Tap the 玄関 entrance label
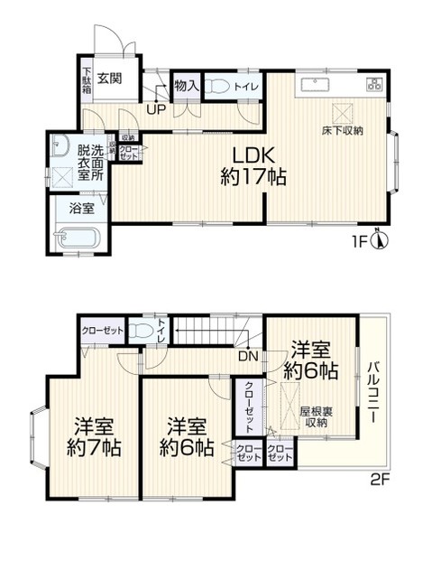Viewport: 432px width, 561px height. point(111,79)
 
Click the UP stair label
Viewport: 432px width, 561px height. point(155,110)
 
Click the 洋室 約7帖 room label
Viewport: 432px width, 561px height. point(93,435)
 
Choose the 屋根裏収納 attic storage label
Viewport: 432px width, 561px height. point(314,416)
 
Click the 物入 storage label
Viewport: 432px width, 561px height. point(186,86)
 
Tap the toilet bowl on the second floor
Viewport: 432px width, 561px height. point(139,331)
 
